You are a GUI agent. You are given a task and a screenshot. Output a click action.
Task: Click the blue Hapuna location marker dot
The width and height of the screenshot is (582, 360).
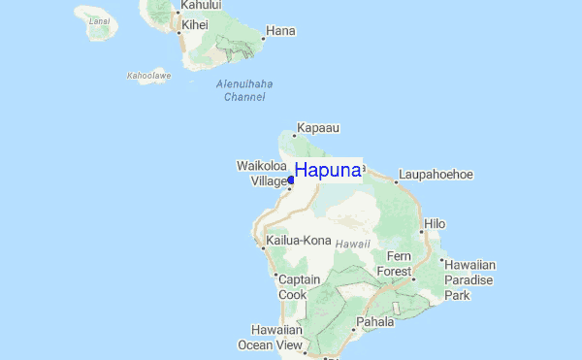[291, 180]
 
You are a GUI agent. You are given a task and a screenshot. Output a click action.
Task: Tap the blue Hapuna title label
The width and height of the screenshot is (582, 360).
[328, 171]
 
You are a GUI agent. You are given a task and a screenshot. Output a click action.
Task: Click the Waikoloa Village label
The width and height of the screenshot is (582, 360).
[262, 174]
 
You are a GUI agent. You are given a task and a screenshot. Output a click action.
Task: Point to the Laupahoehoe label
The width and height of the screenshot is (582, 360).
[436, 175]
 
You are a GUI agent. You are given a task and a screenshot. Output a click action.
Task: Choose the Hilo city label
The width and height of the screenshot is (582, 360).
[435, 224]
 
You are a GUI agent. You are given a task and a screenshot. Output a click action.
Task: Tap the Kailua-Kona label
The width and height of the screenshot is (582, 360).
[299, 241]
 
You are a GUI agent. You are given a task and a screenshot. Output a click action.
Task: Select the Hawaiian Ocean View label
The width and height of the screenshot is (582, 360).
[271, 337]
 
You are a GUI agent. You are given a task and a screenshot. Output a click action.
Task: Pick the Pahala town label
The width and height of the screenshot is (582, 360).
[374, 321]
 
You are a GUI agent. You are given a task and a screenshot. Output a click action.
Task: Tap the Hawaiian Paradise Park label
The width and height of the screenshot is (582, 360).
[470, 279]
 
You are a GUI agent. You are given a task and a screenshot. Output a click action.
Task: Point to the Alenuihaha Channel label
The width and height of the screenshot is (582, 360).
[244, 90]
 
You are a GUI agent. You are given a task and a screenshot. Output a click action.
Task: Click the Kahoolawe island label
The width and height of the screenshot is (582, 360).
[148, 75]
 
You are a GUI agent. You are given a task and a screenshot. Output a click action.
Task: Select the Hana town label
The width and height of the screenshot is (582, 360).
[280, 31]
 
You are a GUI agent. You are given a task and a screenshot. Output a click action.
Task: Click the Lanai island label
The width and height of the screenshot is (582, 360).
[98, 19]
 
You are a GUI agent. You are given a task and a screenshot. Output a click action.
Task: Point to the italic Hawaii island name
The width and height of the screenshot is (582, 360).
[353, 244]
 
